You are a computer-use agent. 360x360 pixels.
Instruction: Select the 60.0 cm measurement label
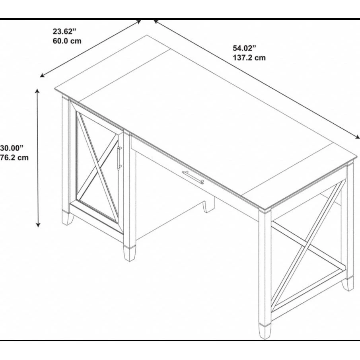click(67, 41)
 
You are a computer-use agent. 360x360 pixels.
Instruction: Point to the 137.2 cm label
click(249, 58)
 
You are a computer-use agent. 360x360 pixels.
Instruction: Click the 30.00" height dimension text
click(12, 148)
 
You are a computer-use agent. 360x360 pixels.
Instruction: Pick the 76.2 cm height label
click(14, 158)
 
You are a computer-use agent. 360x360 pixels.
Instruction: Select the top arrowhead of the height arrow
click(38, 91)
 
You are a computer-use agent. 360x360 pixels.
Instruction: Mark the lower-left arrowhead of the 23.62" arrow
click(43, 75)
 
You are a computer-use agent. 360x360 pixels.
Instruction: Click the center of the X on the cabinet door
click(97, 166)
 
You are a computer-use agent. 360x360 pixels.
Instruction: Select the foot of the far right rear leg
click(348, 284)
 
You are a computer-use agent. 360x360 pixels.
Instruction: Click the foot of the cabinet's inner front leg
click(130, 253)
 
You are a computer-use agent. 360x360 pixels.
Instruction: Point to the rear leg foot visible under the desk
click(208, 206)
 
